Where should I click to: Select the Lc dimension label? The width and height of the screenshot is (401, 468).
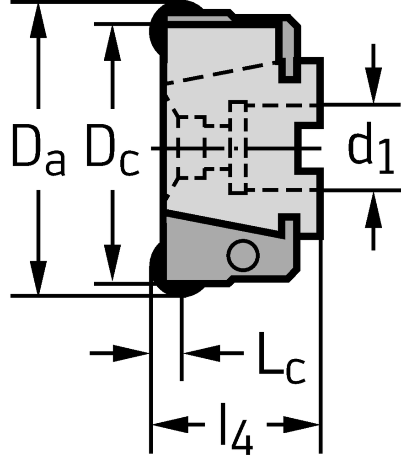(x=280, y=360)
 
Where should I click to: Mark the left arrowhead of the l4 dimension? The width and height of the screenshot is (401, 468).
(x=169, y=425)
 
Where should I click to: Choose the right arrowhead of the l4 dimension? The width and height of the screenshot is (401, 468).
(x=302, y=425)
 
